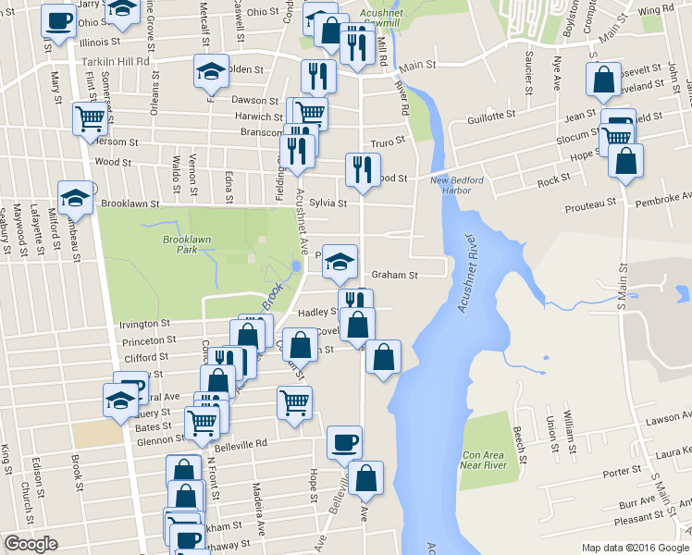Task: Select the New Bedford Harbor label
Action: click(x=451, y=185)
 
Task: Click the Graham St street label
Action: click(x=395, y=275)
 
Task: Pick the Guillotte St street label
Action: click(x=491, y=116)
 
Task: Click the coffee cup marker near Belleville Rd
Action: click(x=345, y=441)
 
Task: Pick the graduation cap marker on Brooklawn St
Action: click(x=75, y=196)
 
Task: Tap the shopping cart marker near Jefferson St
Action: click(x=90, y=117)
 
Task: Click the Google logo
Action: click(x=31, y=545)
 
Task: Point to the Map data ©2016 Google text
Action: click(x=635, y=548)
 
